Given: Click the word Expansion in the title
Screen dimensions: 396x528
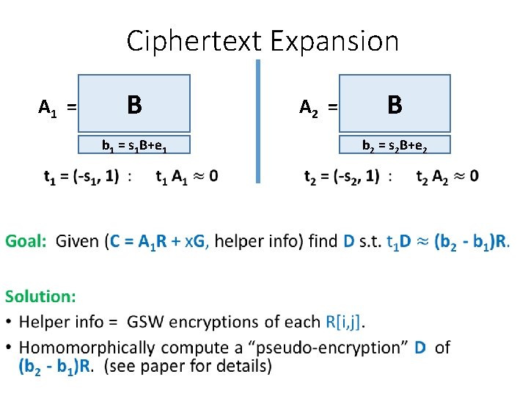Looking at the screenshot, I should tap(334, 41).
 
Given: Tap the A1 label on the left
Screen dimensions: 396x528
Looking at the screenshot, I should tap(48, 109).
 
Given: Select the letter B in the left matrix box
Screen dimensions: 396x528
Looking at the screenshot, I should tap(133, 104).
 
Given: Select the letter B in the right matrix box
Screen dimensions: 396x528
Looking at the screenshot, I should tap(395, 104).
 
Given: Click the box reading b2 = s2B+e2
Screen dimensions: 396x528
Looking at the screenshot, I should tap(395, 145).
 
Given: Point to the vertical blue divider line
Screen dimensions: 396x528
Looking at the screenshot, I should tap(258, 121).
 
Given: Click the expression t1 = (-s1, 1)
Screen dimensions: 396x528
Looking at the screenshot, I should tap(81, 176).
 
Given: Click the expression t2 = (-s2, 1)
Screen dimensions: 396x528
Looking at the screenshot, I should tap(342, 176).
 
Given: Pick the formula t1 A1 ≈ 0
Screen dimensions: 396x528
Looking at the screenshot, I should tap(186, 176).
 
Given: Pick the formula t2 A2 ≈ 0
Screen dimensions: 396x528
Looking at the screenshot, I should tap(447, 176).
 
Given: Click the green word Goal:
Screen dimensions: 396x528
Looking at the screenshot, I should tap(26, 241).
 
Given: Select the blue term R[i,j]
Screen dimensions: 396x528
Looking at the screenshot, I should tap(344, 321).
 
